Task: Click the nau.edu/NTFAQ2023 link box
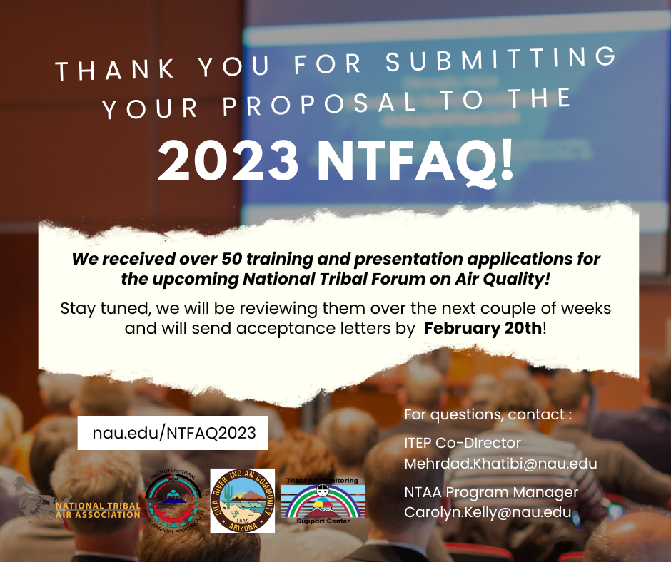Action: (173, 433)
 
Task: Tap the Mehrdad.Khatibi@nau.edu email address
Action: (500, 464)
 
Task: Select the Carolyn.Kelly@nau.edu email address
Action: (488, 512)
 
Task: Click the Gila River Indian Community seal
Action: (242, 501)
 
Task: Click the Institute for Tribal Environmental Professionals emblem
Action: (173, 501)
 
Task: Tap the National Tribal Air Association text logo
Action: (98, 510)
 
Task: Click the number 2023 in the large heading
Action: (228, 161)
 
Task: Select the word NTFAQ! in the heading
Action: (415, 162)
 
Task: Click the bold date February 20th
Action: (483, 329)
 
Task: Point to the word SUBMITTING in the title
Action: (500, 60)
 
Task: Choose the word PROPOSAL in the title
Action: (319, 104)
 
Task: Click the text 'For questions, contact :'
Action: (488, 414)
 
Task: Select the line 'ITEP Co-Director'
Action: (462, 443)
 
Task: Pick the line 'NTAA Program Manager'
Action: (491, 492)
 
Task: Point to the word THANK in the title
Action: (115, 70)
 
